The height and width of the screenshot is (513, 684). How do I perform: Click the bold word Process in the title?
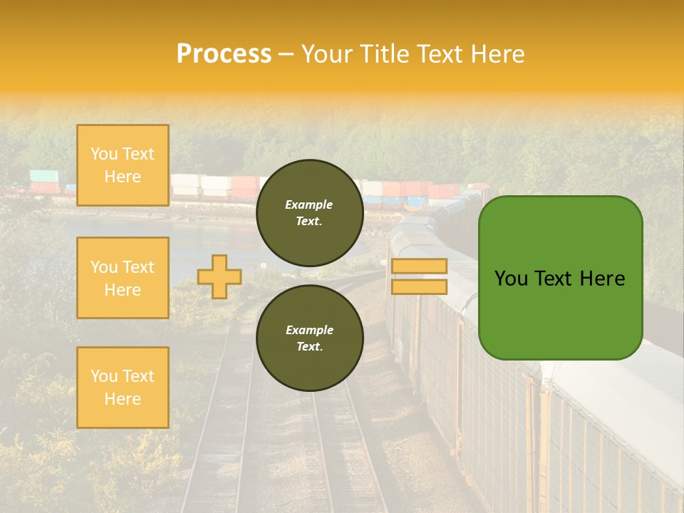(224, 54)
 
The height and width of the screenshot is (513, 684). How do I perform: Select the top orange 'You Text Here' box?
(123, 165)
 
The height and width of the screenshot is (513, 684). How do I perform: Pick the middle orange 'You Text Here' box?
(123, 278)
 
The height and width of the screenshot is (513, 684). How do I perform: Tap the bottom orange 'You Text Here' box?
(123, 388)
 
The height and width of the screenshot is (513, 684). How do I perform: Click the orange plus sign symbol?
(219, 276)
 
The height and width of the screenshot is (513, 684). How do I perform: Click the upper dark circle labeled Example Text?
(309, 212)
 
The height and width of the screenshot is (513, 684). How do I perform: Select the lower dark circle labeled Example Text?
(309, 338)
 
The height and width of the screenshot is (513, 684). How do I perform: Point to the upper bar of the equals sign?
(419, 266)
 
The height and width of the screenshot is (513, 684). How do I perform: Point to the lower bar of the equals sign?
(419, 286)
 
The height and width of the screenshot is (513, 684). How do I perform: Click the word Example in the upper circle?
(309, 204)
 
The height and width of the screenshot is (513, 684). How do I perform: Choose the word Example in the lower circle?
(309, 330)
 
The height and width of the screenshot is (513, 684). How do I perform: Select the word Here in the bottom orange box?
(123, 399)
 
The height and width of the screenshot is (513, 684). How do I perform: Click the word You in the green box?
(511, 279)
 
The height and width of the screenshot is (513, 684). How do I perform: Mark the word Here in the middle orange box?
(123, 290)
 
